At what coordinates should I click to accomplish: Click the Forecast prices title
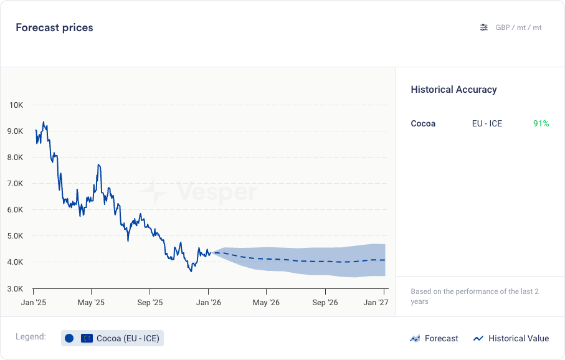(54, 27)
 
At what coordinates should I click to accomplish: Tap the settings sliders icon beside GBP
(484, 27)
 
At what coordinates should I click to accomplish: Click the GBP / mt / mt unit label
(518, 27)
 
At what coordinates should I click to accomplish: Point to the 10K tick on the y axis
(16, 105)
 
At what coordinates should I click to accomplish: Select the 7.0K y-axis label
(16, 184)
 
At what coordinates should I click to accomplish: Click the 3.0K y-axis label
(16, 288)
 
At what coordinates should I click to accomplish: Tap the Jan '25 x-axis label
(33, 303)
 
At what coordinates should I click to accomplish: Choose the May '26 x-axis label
(266, 303)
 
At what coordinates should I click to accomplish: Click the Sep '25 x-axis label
(150, 303)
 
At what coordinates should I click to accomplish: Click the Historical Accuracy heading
(453, 90)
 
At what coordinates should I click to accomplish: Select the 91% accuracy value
(541, 123)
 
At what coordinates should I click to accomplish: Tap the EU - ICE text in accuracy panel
(487, 123)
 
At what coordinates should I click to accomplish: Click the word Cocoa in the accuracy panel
(423, 123)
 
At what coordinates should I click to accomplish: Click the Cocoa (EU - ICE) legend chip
(113, 338)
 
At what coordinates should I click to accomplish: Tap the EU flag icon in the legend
(87, 338)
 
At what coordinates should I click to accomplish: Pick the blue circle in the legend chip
(69, 338)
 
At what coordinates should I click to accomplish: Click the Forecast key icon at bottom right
(415, 339)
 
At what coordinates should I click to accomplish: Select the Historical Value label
(518, 339)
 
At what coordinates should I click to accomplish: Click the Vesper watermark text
(216, 191)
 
